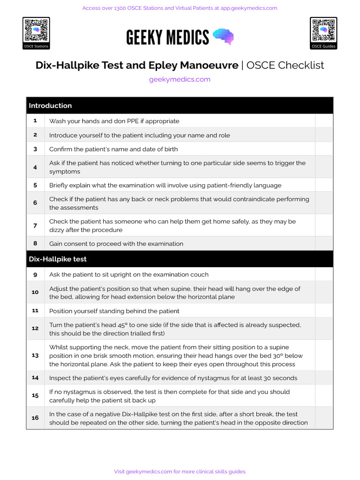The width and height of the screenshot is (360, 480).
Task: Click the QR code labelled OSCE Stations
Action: tap(36, 31)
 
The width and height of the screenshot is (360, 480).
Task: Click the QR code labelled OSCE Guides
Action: tap(323, 31)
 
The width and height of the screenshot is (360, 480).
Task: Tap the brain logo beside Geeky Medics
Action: tap(223, 37)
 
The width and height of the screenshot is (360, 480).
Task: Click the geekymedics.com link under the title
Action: tap(180, 79)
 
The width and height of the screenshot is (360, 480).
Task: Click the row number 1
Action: tap(35, 121)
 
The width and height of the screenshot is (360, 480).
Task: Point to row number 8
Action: tap(35, 244)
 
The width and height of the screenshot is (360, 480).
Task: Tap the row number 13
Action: tap(35, 355)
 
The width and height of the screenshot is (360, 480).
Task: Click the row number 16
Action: tap(35, 418)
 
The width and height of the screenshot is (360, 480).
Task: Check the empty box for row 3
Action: tap(324, 149)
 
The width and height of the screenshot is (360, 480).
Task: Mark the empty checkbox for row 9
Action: tap(324, 274)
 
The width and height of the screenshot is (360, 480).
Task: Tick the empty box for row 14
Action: tap(324, 378)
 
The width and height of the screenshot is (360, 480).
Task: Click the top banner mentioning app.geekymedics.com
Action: tap(180, 8)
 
